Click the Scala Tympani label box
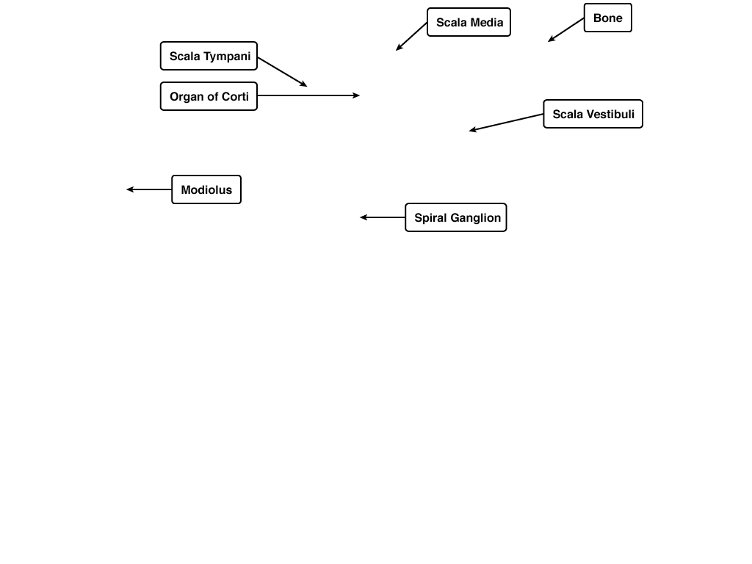click(x=209, y=56)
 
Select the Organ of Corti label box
click(x=209, y=96)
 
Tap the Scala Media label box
click(x=469, y=22)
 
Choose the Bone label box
click(x=607, y=18)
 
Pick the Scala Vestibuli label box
click(x=593, y=114)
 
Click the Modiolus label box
click(x=206, y=189)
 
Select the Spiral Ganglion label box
click(x=455, y=217)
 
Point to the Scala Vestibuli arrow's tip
click(x=469, y=131)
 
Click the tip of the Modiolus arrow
click(x=126, y=189)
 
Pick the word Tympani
click(x=227, y=57)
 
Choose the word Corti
click(x=236, y=96)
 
